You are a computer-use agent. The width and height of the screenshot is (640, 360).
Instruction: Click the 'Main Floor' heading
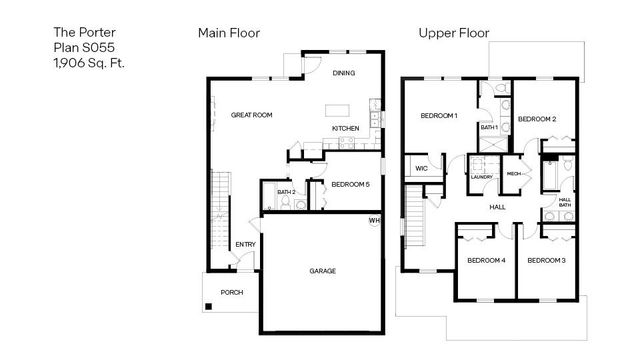click(229, 33)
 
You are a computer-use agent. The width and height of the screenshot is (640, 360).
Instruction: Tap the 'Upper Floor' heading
click(453, 33)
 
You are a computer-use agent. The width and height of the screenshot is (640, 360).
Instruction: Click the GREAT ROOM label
click(252, 115)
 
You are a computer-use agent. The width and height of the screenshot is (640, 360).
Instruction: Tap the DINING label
click(344, 73)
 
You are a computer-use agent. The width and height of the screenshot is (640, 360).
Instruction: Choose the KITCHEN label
click(346, 128)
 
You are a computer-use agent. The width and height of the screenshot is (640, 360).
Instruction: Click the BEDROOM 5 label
click(350, 185)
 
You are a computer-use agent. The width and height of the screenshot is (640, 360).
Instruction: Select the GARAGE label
click(322, 271)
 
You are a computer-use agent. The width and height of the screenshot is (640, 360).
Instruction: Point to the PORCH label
click(232, 292)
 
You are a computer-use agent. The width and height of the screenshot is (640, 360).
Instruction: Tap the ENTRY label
click(245, 245)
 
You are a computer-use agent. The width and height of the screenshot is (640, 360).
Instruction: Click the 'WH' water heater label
click(375, 220)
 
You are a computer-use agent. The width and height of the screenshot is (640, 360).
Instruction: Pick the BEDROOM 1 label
click(439, 116)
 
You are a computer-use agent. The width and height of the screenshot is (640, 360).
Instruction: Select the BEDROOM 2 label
click(537, 119)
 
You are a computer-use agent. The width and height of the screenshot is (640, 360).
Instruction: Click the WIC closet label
click(422, 168)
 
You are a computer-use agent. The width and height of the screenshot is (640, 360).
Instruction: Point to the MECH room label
click(515, 173)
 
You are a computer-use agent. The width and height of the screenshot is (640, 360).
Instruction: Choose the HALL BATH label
click(565, 202)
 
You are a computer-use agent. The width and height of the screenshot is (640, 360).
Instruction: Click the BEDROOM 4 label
click(486, 260)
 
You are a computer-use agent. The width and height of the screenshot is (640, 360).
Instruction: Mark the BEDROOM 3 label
click(546, 260)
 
